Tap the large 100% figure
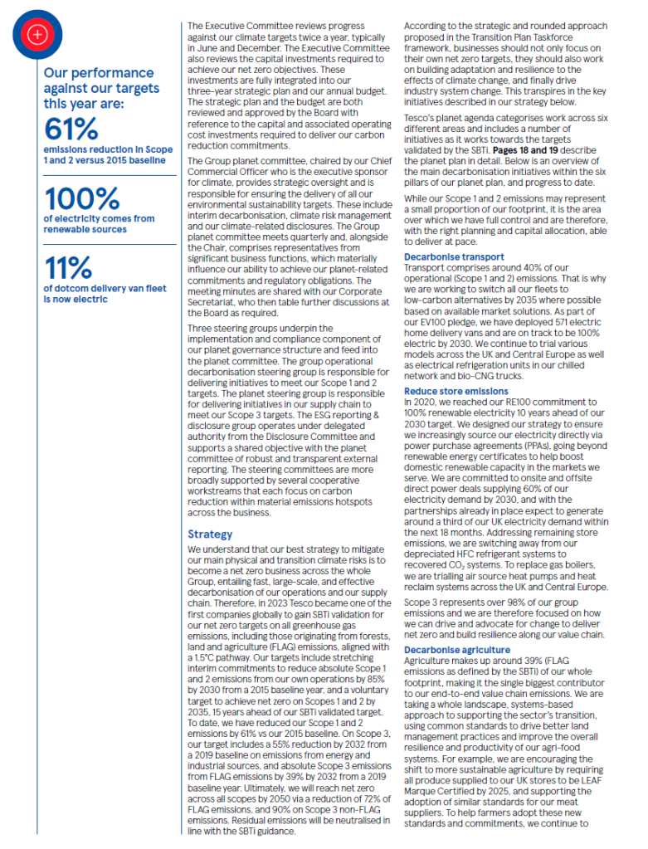pos(81,198)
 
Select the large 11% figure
pos(67,267)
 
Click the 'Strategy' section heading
pos(210,534)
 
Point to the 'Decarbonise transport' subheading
pos(454,257)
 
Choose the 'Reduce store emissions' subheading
pos(457,391)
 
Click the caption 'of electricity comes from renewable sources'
pos(98,224)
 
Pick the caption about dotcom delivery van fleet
pos(104,294)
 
